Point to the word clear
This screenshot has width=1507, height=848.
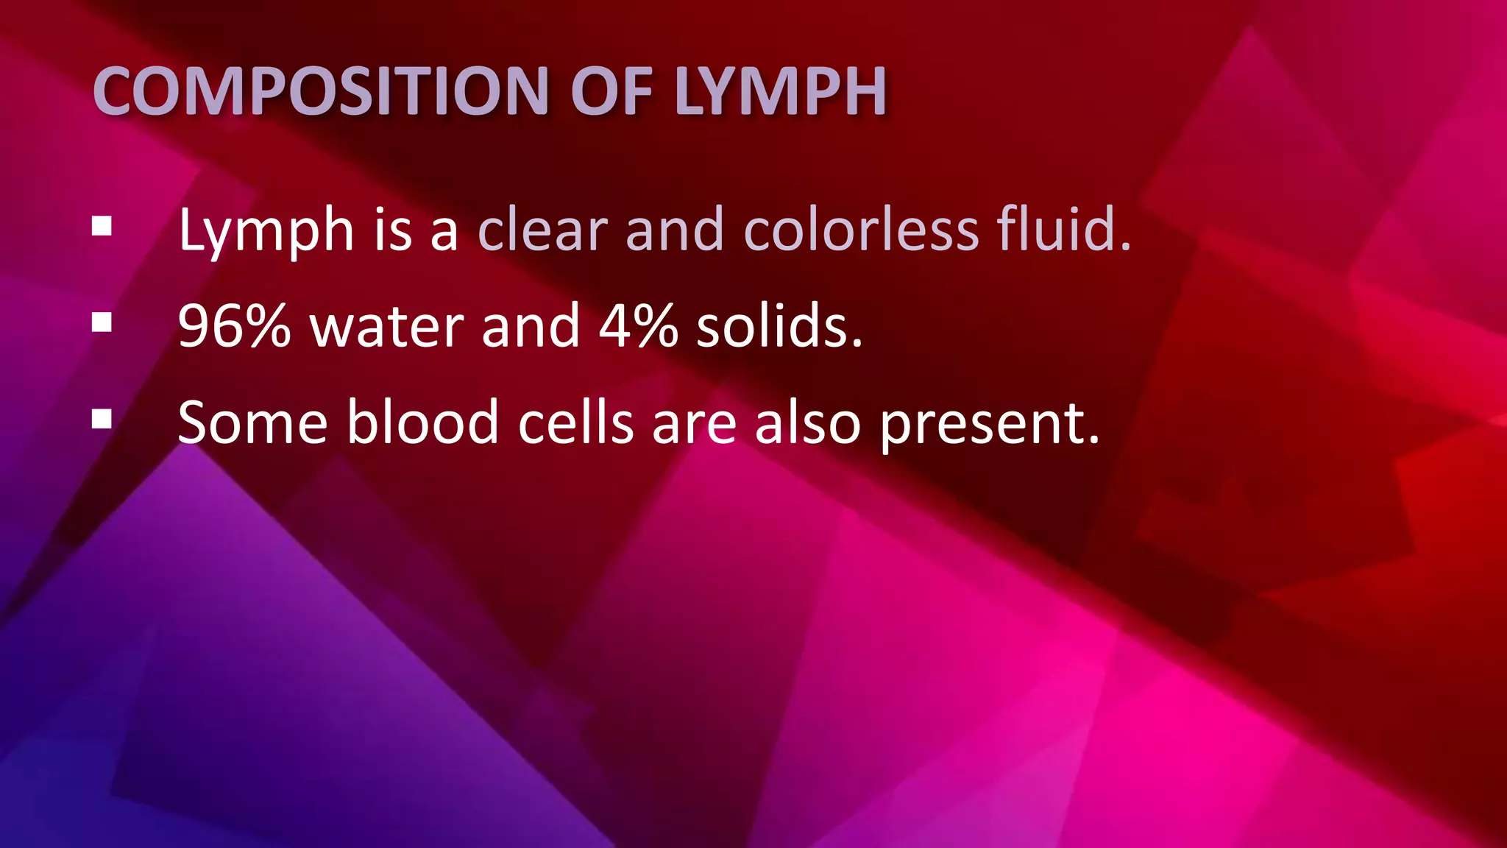click(543, 230)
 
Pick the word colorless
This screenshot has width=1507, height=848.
click(861, 230)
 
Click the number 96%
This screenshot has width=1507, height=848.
click(234, 326)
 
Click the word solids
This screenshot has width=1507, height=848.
click(779, 326)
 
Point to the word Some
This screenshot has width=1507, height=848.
click(252, 423)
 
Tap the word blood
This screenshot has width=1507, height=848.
click(423, 423)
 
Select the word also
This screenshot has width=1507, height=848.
click(807, 423)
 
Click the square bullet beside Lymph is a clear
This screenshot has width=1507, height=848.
click(102, 226)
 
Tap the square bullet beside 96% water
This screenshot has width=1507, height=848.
click(102, 322)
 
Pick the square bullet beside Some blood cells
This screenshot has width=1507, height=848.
click(102, 419)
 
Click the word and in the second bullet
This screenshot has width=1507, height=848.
click(531, 326)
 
